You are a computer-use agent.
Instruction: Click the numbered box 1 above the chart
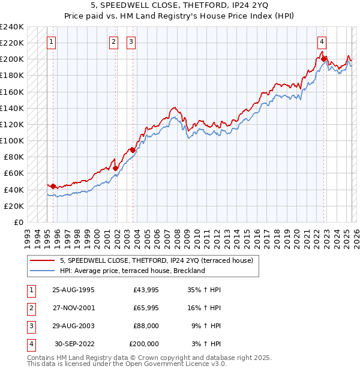pyautogui.click(x=52, y=42)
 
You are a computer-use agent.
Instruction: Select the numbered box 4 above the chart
pyautogui.click(x=322, y=42)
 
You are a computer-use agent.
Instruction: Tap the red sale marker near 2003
pyautogui.click(x=132, y=150)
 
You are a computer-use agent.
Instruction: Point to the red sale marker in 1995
pyautogui.click(x=53, y=186)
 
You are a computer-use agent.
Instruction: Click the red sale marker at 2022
pyautogui.click(x=323, y=59)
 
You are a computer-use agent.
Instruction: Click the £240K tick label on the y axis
pyautogui.click(x=12, y=26)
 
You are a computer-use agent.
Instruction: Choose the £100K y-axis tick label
pyautogui.click(x=12, y=140)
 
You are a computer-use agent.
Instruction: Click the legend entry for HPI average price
pyautogui.click(x=132, y=271)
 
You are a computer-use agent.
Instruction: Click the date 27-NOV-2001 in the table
pyautogui.click(x=73, y=308)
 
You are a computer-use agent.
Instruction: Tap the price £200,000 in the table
pyautogui.click(x=144, y=344)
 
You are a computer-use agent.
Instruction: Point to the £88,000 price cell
pyautogui.click(x=146, y=326)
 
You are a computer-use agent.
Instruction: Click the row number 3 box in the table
pyautogui.click(x=31, y=326)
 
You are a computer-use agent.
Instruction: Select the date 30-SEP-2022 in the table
pyautogui.click(x=74, y=344)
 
